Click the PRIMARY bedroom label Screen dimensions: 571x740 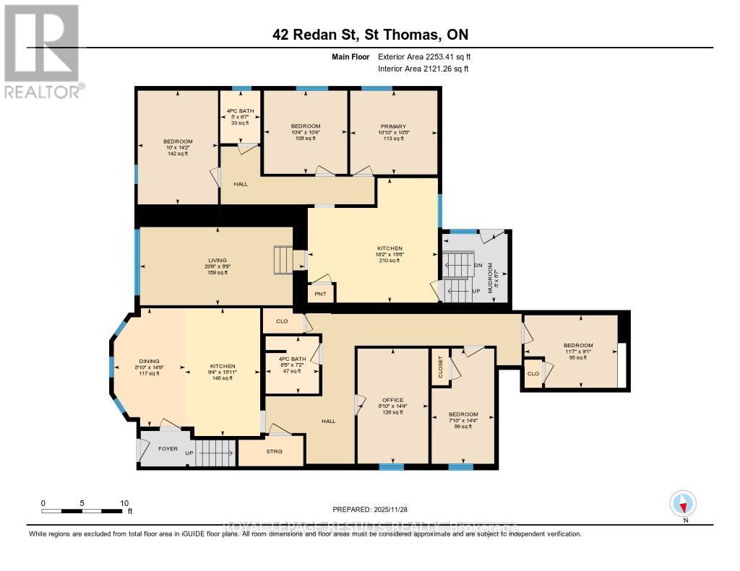(394, 126)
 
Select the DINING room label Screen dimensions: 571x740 (149, 361)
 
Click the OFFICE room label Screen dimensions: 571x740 (393, 400)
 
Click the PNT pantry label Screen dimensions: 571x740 (320, 295)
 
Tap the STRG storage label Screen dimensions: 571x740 (274, 452)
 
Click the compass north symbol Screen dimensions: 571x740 (683, 503)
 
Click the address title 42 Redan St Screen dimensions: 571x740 (369, 35)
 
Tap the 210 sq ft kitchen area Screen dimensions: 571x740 (389, 261)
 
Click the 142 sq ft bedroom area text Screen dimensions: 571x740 (177, 154)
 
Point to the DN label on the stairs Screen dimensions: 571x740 (478, 265)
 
